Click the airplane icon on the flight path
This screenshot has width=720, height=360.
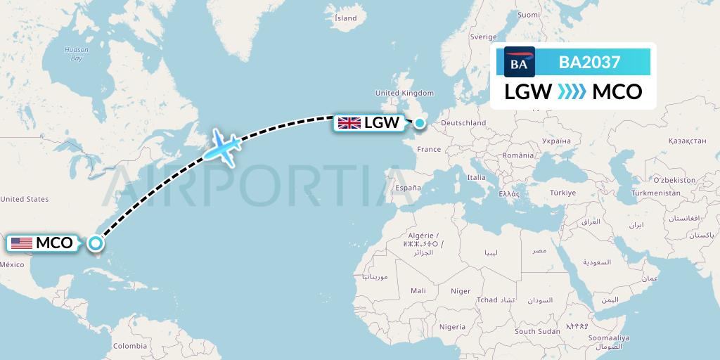click(223, 147)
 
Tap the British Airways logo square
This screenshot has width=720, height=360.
click(520, 62)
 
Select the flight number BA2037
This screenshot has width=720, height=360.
click(589, 63)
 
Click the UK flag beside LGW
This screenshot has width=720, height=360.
click(349, 123)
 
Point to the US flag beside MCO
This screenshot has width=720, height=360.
click(22, 243)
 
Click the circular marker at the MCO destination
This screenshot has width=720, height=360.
click(95, 244)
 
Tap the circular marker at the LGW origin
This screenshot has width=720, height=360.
click(420, 123)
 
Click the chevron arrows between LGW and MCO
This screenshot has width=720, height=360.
click(571, 92)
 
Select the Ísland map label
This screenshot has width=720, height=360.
click(345, 18)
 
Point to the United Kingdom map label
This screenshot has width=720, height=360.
click(404, 93)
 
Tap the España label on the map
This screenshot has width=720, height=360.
click(407, 188)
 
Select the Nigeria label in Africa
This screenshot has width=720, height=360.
click(451, 326)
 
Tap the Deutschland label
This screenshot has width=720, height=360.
click(462, 123)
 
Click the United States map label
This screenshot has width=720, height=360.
click(25, 199)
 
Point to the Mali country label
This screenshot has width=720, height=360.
click(418, 290)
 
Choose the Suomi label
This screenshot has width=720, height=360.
click(528, 14)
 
